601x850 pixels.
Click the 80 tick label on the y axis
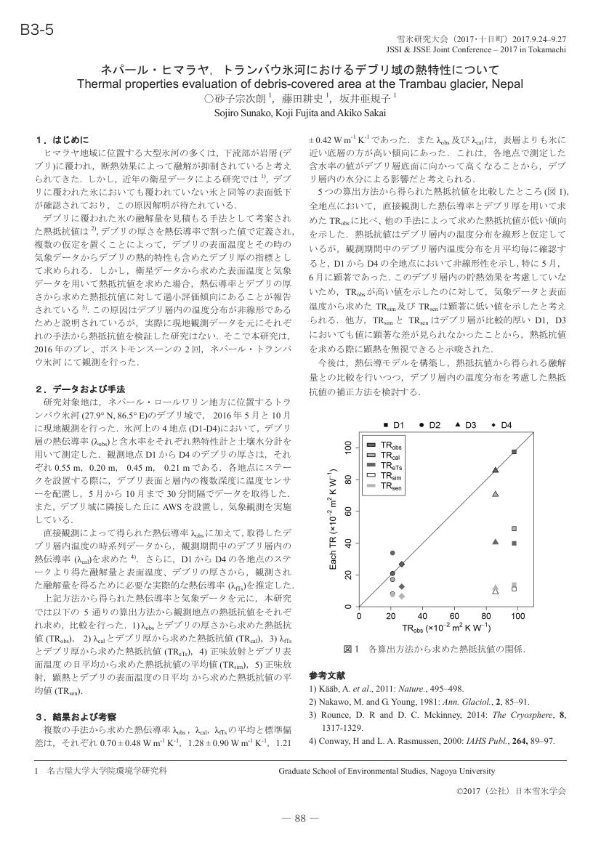click(x=347, y=480)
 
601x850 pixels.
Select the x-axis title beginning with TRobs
click(x=437, y=627)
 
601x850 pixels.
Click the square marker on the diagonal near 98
click(x=514, y=452)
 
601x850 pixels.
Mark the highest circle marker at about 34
click(x=392, y=553)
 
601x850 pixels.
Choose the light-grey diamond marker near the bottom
click(x=401, y=596)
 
